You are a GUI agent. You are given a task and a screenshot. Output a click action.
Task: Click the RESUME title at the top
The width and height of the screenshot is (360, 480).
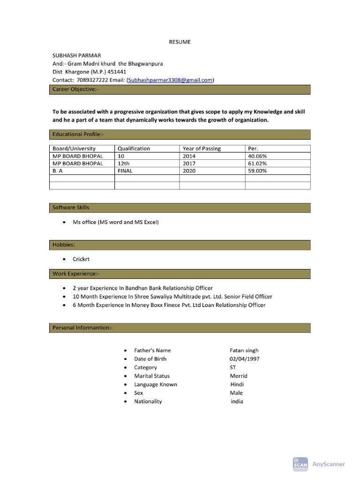click(180, 42)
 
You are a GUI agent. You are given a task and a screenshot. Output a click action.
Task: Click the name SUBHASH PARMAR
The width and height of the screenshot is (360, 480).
click(76, 55)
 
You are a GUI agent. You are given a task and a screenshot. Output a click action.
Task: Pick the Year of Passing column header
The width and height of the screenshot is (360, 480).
click(202, 149)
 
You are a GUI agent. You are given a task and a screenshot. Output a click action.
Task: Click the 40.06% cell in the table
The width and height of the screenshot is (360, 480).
click(257, 156)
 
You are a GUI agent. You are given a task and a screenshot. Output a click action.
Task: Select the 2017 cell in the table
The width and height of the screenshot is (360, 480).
click(189, 164)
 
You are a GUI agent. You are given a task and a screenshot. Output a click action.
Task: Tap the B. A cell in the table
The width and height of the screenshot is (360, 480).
click(58, 171)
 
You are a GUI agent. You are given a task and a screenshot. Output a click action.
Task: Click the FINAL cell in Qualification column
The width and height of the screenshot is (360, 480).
click(125, 171)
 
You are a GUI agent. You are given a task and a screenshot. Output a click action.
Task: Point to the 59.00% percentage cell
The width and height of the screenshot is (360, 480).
click(257, 171)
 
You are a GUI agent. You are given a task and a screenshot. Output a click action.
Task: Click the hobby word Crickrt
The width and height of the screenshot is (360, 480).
click(82, 259)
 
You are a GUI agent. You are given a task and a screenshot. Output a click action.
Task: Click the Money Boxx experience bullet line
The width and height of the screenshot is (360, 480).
click(169, 305)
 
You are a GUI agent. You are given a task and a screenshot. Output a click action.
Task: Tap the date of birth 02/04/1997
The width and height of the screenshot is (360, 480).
click(245, 359)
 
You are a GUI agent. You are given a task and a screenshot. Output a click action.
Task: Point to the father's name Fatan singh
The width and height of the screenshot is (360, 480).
click(244, 351)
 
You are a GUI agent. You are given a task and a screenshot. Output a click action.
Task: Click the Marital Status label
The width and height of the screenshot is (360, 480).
click(152, 376)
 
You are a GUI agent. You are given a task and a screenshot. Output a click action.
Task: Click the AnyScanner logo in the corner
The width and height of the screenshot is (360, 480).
click(319, 464)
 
